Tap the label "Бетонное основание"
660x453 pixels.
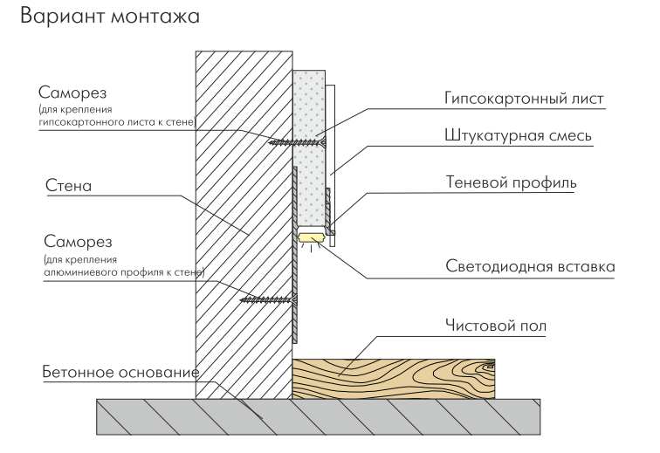click(x=117, y=373)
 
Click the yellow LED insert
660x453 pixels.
click(x=312, y=236)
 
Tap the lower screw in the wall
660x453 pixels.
click(x=267, y=299)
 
